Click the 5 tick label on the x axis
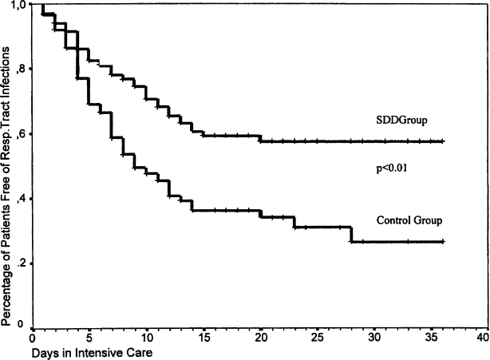pos(90,338)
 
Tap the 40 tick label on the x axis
pos(482,338)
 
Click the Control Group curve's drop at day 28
pos(350,234)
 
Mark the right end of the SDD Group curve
pos(441,141)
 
